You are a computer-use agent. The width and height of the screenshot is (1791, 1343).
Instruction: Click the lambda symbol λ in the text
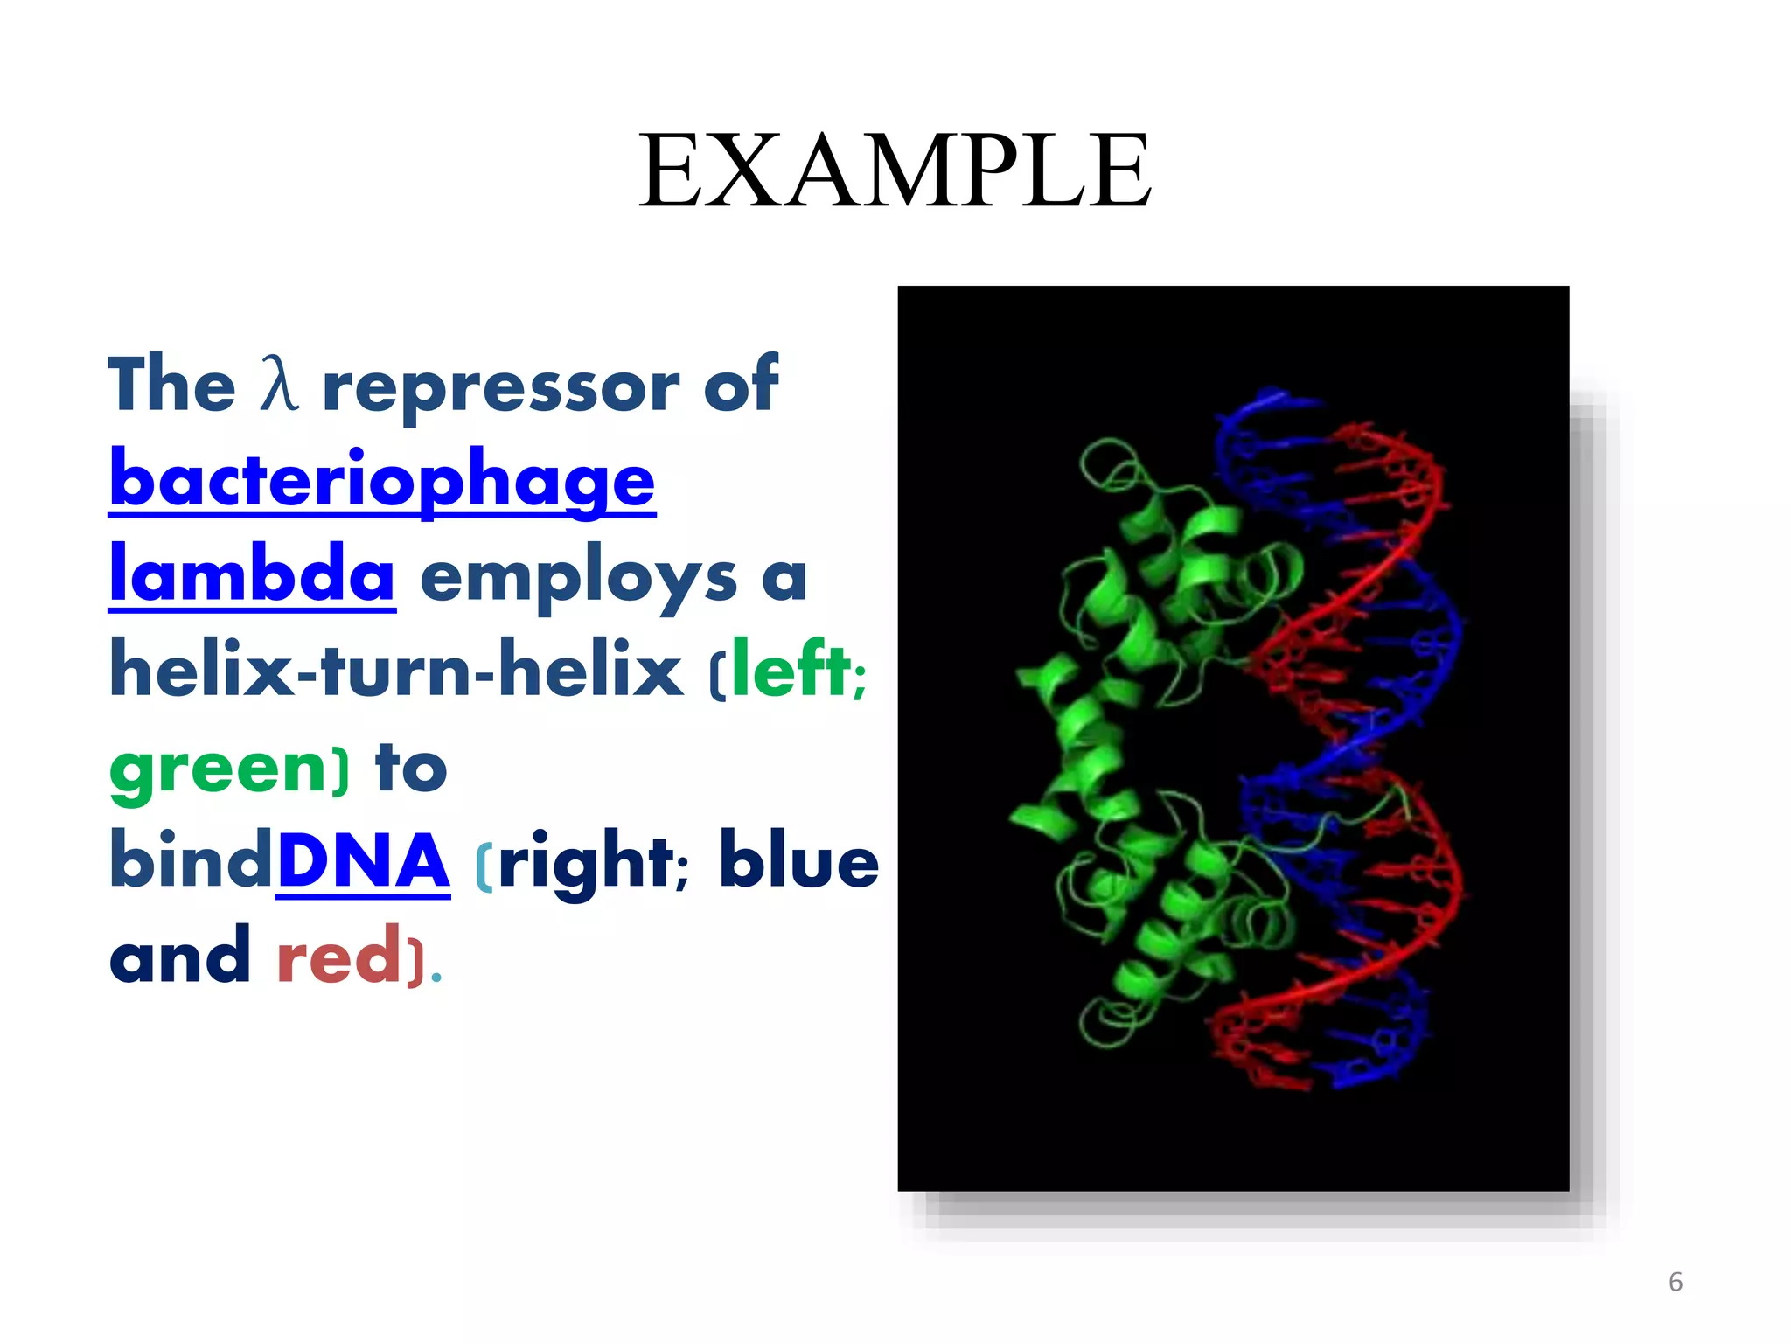[279, 385]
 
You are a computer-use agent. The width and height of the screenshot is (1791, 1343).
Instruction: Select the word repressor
[501, 387]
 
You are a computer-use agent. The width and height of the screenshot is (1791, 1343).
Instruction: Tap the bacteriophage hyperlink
[382, 480]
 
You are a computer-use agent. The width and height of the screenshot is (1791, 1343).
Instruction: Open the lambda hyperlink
[252, 574]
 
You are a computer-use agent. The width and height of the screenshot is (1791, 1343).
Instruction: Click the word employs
[578, 578]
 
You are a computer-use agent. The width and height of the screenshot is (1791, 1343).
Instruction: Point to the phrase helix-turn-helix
[395, 671]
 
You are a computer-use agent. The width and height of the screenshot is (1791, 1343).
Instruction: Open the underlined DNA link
[363, 861]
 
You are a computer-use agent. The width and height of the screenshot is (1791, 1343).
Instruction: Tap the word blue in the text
[798, 861]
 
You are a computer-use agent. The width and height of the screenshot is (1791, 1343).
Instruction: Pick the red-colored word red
[338, 957]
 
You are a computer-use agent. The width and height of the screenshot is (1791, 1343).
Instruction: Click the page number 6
[1675, 1282]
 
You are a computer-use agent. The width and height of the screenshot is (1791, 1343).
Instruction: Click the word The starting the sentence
[171, 385]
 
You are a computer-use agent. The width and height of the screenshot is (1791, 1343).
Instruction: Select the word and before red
[180, 957]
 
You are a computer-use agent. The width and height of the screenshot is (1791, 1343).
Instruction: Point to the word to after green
[411, 768]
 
